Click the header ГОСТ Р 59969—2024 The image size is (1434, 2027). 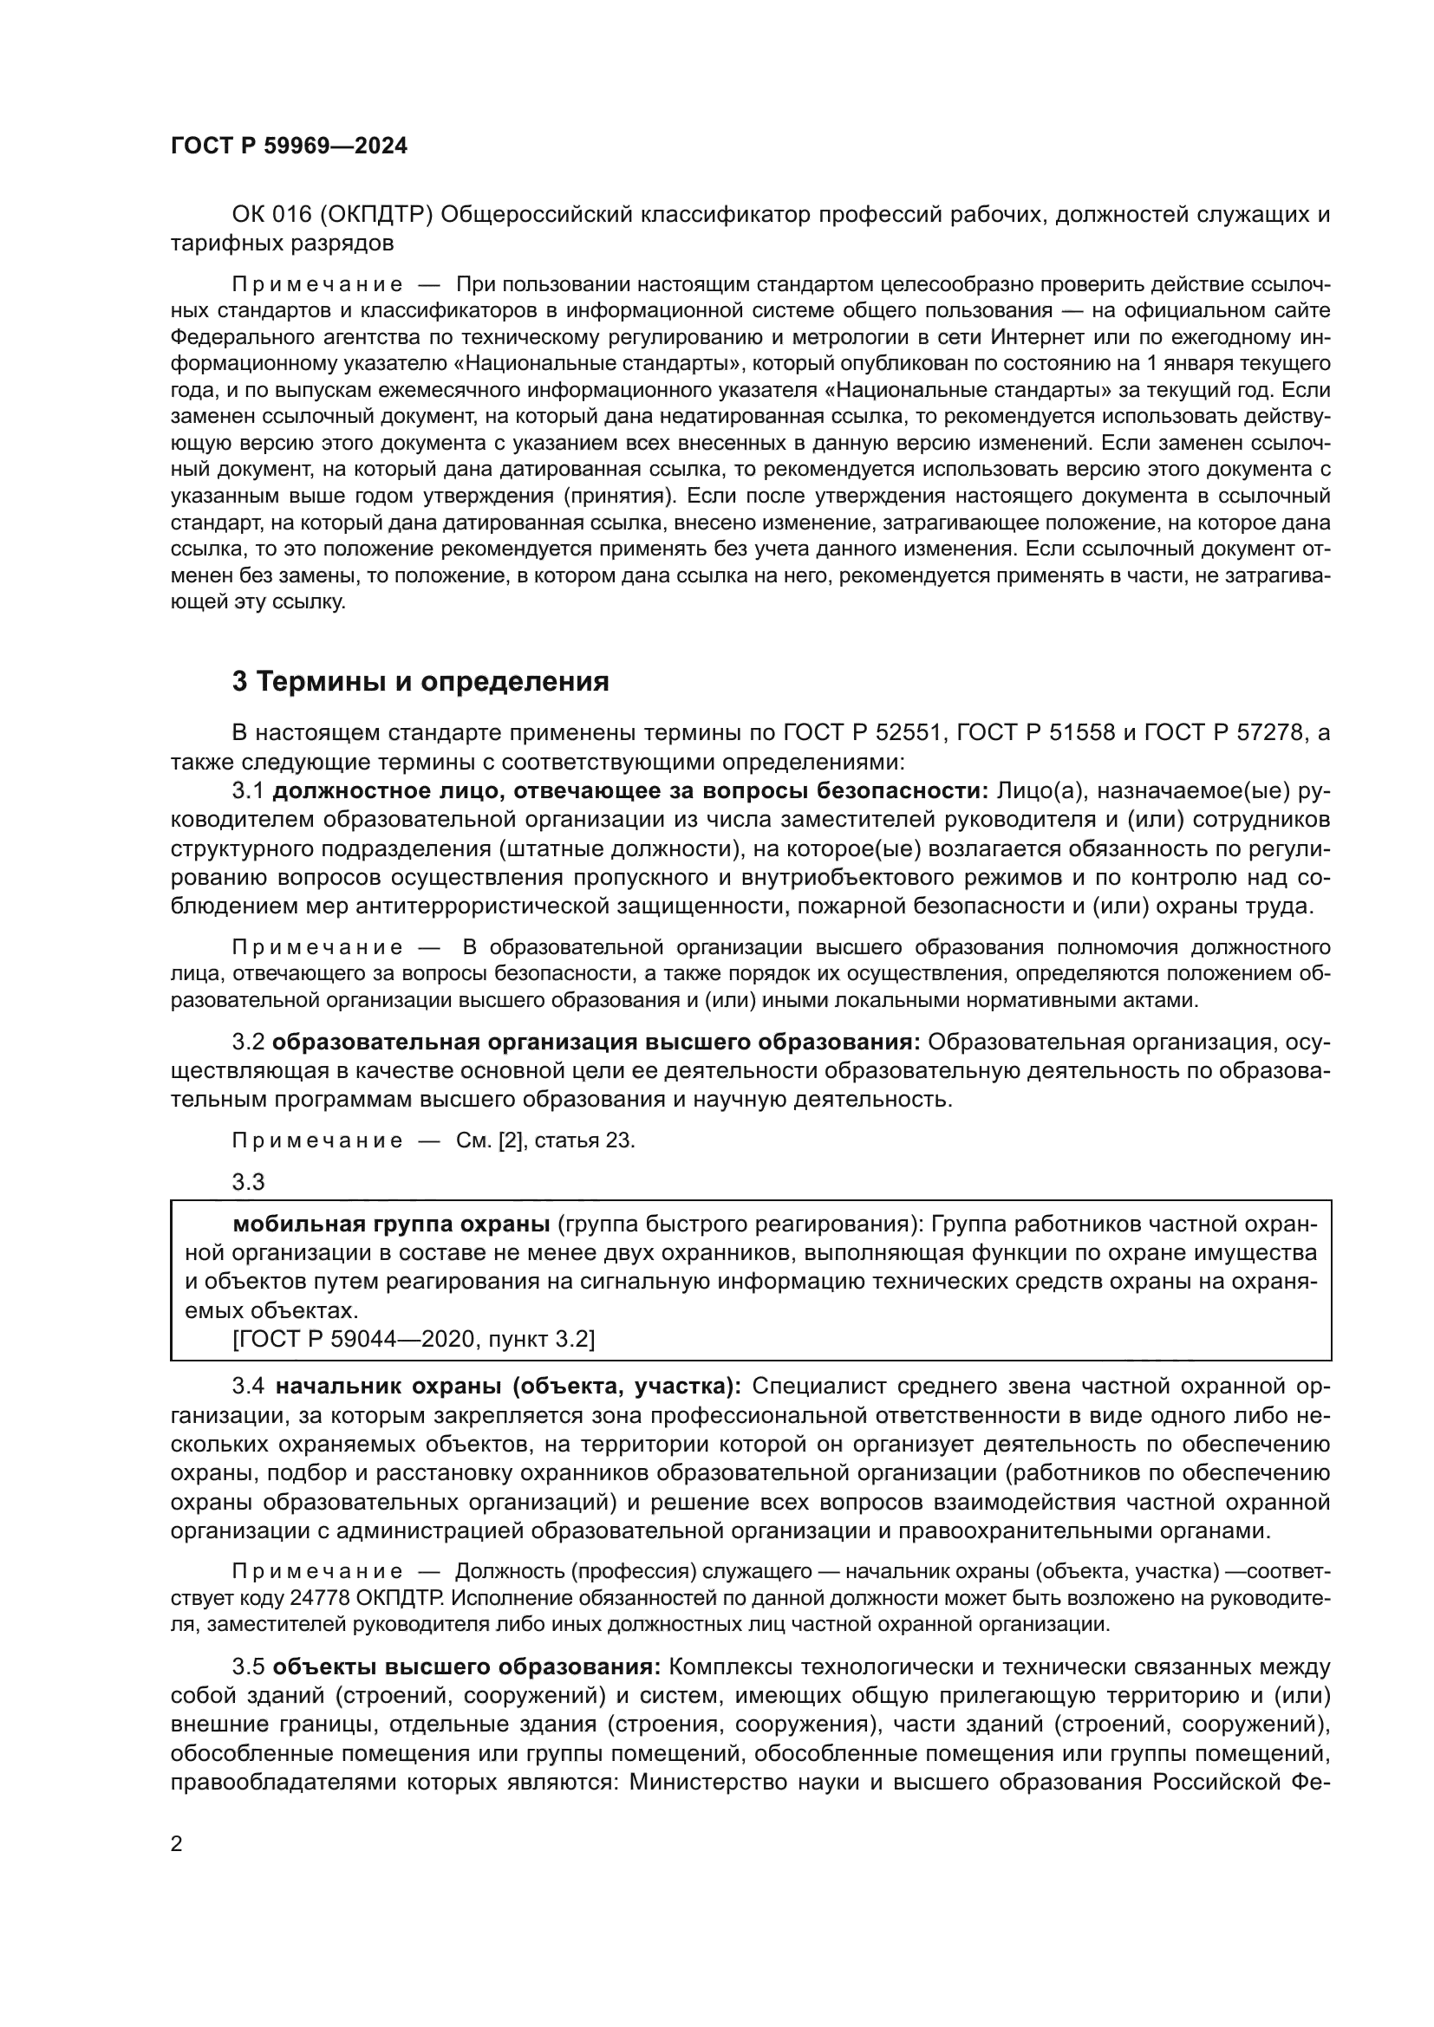(289, 146)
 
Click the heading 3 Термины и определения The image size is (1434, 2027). (420, 681)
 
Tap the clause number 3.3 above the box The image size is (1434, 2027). (248, 1181)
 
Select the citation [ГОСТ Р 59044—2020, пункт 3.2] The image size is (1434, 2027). (414, 1340)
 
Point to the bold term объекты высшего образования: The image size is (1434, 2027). (466, 1667)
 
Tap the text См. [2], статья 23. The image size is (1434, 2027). (544, 1140)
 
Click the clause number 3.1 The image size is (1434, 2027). (248, 790)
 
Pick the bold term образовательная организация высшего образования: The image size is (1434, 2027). (596, 1043)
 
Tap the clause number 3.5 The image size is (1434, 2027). (248, 1667)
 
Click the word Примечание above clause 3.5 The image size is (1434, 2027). (317, 1572)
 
